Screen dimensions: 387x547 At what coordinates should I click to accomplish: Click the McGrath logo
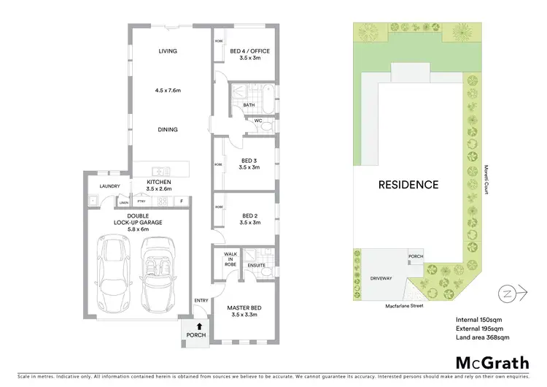point(488,363)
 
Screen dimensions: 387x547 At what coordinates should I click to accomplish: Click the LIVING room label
point(168,51)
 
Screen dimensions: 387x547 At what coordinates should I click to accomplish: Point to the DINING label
point(168,129)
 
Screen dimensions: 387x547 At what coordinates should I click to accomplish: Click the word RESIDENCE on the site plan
point(408,185)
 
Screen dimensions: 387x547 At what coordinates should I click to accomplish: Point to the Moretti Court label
point(486,179)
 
